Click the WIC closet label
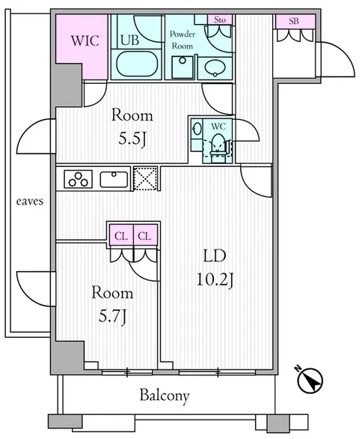click(85, 41)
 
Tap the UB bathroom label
click(129, 40)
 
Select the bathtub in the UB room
click(136, 64)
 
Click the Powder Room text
click(182, 40)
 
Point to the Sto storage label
click(220, 20)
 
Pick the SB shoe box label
click(294, 21)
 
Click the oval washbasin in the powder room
click(215, 68)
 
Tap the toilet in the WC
click(218, 148)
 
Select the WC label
click(218, 127)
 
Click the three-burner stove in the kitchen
click(79, 179)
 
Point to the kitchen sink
click(114, 179)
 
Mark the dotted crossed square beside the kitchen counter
click(145, 178)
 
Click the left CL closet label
click(121, 236)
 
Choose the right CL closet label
click(144, 236)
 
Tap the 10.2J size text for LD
click(215, 279)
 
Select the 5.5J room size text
click(132, 139)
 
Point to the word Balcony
click(165, 396)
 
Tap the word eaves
click(30, 202)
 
